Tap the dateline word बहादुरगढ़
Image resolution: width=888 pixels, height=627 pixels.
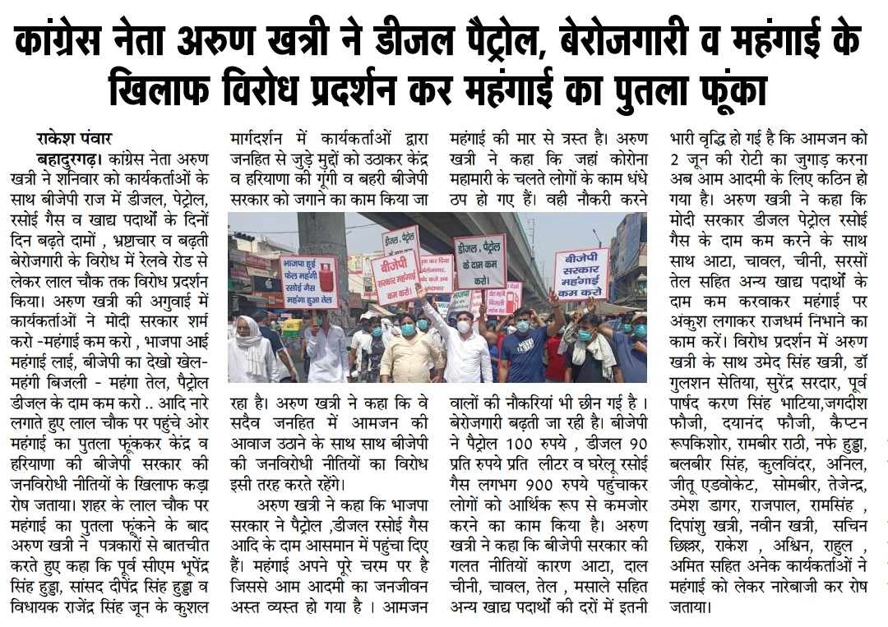pyautogui.click(x=71, y=158)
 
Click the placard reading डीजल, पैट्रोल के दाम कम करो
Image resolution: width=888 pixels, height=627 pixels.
pyautogui.click(x=480, y=261)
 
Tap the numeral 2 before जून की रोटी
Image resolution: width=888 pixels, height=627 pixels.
pyautogui.click(x=675, y=159)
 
